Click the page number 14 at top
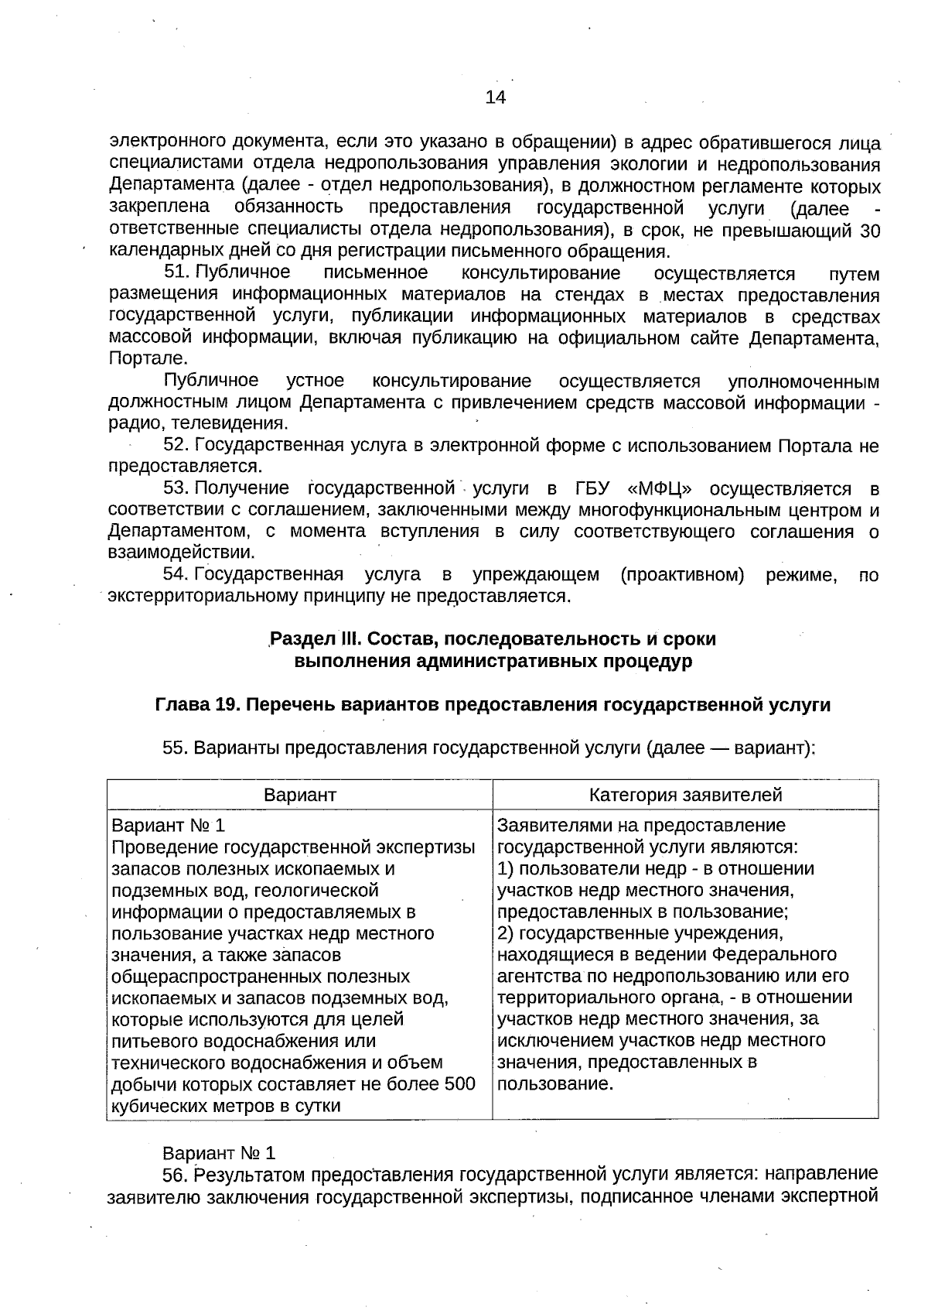pos(495,98)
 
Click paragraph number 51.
pos(176,272)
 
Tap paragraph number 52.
pos(176,446)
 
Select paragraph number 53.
pos(176,488)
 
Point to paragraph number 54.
pos(176,574)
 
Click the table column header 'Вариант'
pos(300,795)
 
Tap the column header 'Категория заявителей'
pos(685,795)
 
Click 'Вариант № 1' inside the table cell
pos(169,825)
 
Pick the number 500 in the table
pos(460,1084)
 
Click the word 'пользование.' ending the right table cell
pos(555,1083)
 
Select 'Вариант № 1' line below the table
pos(219,1153)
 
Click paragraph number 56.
pos(176,1175)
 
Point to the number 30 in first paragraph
pos(870,231)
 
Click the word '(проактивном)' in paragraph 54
pos(682,574)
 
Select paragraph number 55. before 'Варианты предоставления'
pos(176,748)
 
